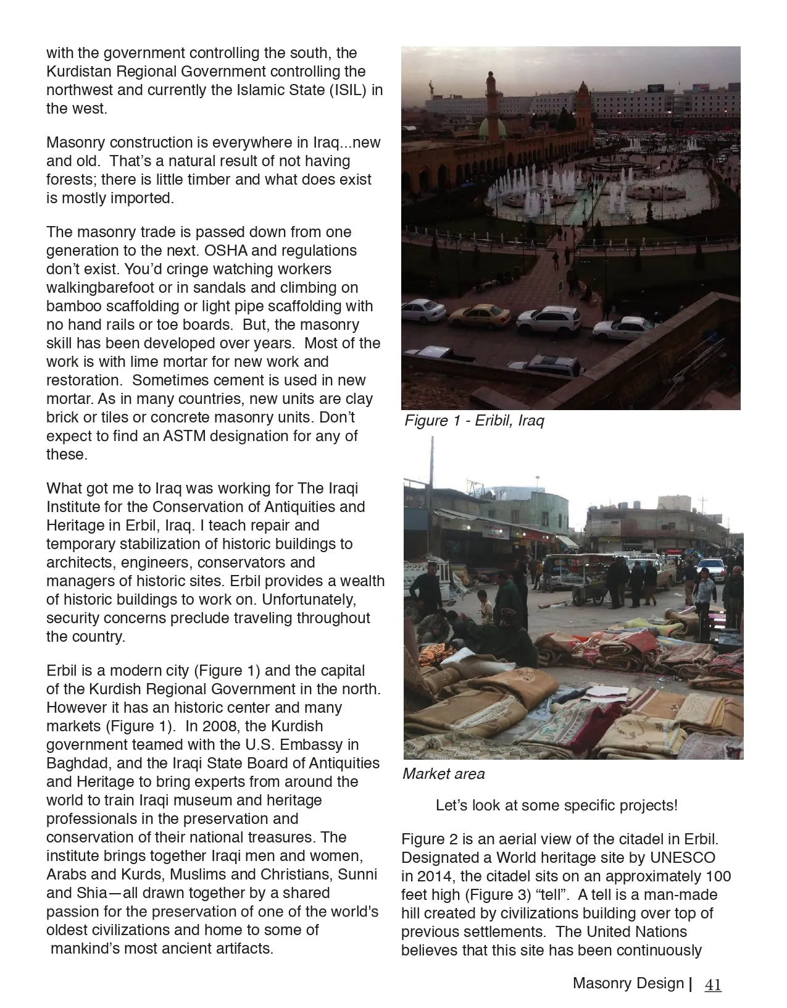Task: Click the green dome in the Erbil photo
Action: click(493, 128)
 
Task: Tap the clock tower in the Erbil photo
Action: click(583, 105)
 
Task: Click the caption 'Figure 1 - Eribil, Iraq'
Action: click(474, 421)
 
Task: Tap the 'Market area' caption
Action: click(443, 774)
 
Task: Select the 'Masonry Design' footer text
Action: click(628, 983)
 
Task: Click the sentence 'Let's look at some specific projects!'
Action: click(556, 805)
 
